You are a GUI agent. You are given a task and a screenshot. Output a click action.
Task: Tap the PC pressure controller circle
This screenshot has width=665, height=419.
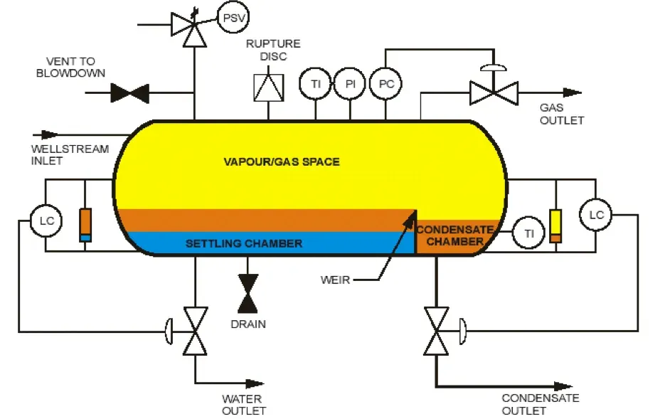coord(385,84)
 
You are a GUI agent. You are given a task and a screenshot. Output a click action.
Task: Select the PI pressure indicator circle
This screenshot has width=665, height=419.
coord(350,84)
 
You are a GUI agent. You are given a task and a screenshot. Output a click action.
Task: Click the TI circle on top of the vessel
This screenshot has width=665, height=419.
coord(315,84)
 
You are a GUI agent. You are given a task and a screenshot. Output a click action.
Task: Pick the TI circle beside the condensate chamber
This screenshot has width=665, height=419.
coord(528,233)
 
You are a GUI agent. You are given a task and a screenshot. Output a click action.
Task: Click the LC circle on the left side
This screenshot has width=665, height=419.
coord(46,221)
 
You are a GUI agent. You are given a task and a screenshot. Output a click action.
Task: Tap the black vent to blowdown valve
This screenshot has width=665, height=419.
coord(129,92)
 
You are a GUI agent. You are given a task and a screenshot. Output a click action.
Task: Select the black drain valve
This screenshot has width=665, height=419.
coord(248,293)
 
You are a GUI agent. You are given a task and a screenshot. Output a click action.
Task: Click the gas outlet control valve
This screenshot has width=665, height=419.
coord(494,92)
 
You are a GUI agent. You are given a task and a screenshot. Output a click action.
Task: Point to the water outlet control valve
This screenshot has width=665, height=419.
coord(194,331)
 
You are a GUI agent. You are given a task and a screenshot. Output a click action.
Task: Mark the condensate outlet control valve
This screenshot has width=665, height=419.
coord(436,331)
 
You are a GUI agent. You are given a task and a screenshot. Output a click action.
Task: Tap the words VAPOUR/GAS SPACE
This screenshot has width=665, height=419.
coord(282,161)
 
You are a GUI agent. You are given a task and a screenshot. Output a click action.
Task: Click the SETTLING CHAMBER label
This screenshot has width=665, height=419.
coord(243,243)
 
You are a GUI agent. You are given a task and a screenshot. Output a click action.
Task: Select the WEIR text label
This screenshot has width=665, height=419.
coord(335,280)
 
